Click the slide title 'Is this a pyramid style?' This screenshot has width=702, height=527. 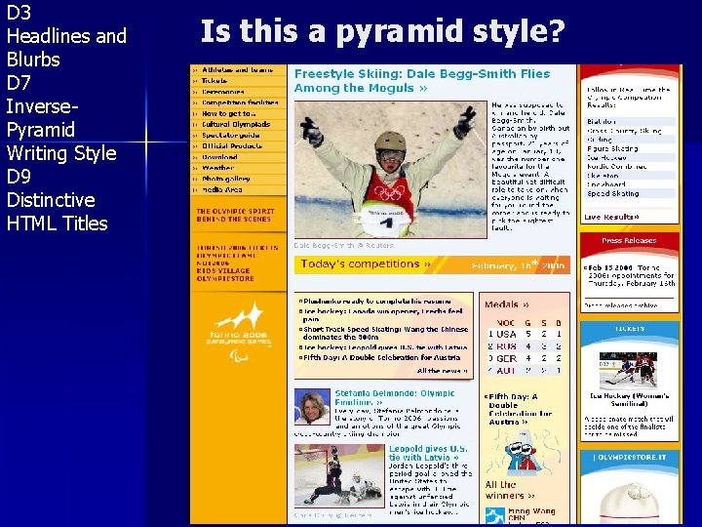pos(381,32)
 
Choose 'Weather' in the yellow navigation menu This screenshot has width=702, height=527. pos(219,167)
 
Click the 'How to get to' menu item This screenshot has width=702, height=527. pos(229,113)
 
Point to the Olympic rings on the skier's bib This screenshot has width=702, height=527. pos(389,192)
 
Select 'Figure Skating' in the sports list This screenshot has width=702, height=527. pos(612,149)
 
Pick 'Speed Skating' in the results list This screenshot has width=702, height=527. pos(611,194)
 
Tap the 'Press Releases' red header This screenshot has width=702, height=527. pos(630,240)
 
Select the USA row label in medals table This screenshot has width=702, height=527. pos(506,335)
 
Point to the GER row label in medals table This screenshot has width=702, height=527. pos(506,358)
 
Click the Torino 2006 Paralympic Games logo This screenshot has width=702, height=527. pos(240,327)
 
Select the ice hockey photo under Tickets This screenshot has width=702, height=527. pos(630,370)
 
